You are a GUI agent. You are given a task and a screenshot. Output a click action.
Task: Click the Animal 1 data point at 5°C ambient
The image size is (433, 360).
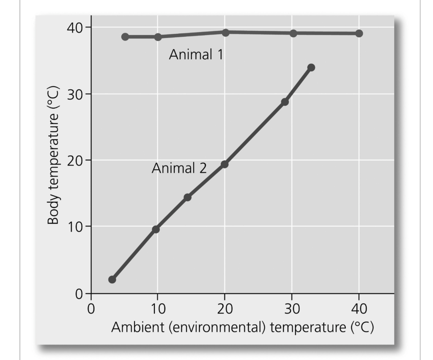coord(125,37)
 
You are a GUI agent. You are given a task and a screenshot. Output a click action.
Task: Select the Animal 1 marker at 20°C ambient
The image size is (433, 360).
coord(225,33)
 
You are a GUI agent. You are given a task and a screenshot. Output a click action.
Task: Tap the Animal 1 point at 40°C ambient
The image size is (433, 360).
coord(359,33)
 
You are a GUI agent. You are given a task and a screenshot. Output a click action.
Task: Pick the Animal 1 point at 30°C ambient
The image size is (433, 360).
coord(293,33)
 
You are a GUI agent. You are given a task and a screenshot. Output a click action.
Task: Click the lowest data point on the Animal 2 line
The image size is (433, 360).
coord(112,280)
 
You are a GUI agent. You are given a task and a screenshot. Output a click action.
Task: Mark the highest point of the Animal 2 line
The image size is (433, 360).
coord(311,68)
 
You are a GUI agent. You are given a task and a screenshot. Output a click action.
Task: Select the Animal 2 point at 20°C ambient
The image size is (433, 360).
coord(225,164)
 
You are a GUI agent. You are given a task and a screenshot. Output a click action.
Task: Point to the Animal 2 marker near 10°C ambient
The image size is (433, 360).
coord(156,229)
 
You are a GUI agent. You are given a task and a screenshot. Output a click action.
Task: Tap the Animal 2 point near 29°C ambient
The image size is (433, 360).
coord(285,102)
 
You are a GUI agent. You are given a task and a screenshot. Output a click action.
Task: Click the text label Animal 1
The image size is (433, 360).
coord(196,55)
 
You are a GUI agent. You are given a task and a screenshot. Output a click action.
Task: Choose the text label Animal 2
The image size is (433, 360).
coord(179,169)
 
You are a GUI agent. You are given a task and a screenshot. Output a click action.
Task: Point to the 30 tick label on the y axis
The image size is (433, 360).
coord(76,94)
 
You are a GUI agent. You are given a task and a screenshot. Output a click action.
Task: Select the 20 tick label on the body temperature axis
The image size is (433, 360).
coord(76,160)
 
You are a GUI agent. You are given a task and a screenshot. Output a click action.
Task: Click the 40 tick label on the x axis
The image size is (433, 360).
coord(359,308)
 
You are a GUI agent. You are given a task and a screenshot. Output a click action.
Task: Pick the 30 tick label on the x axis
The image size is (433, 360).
coord(292,308)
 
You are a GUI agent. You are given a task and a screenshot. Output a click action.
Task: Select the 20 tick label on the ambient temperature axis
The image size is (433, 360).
coord(225,308)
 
